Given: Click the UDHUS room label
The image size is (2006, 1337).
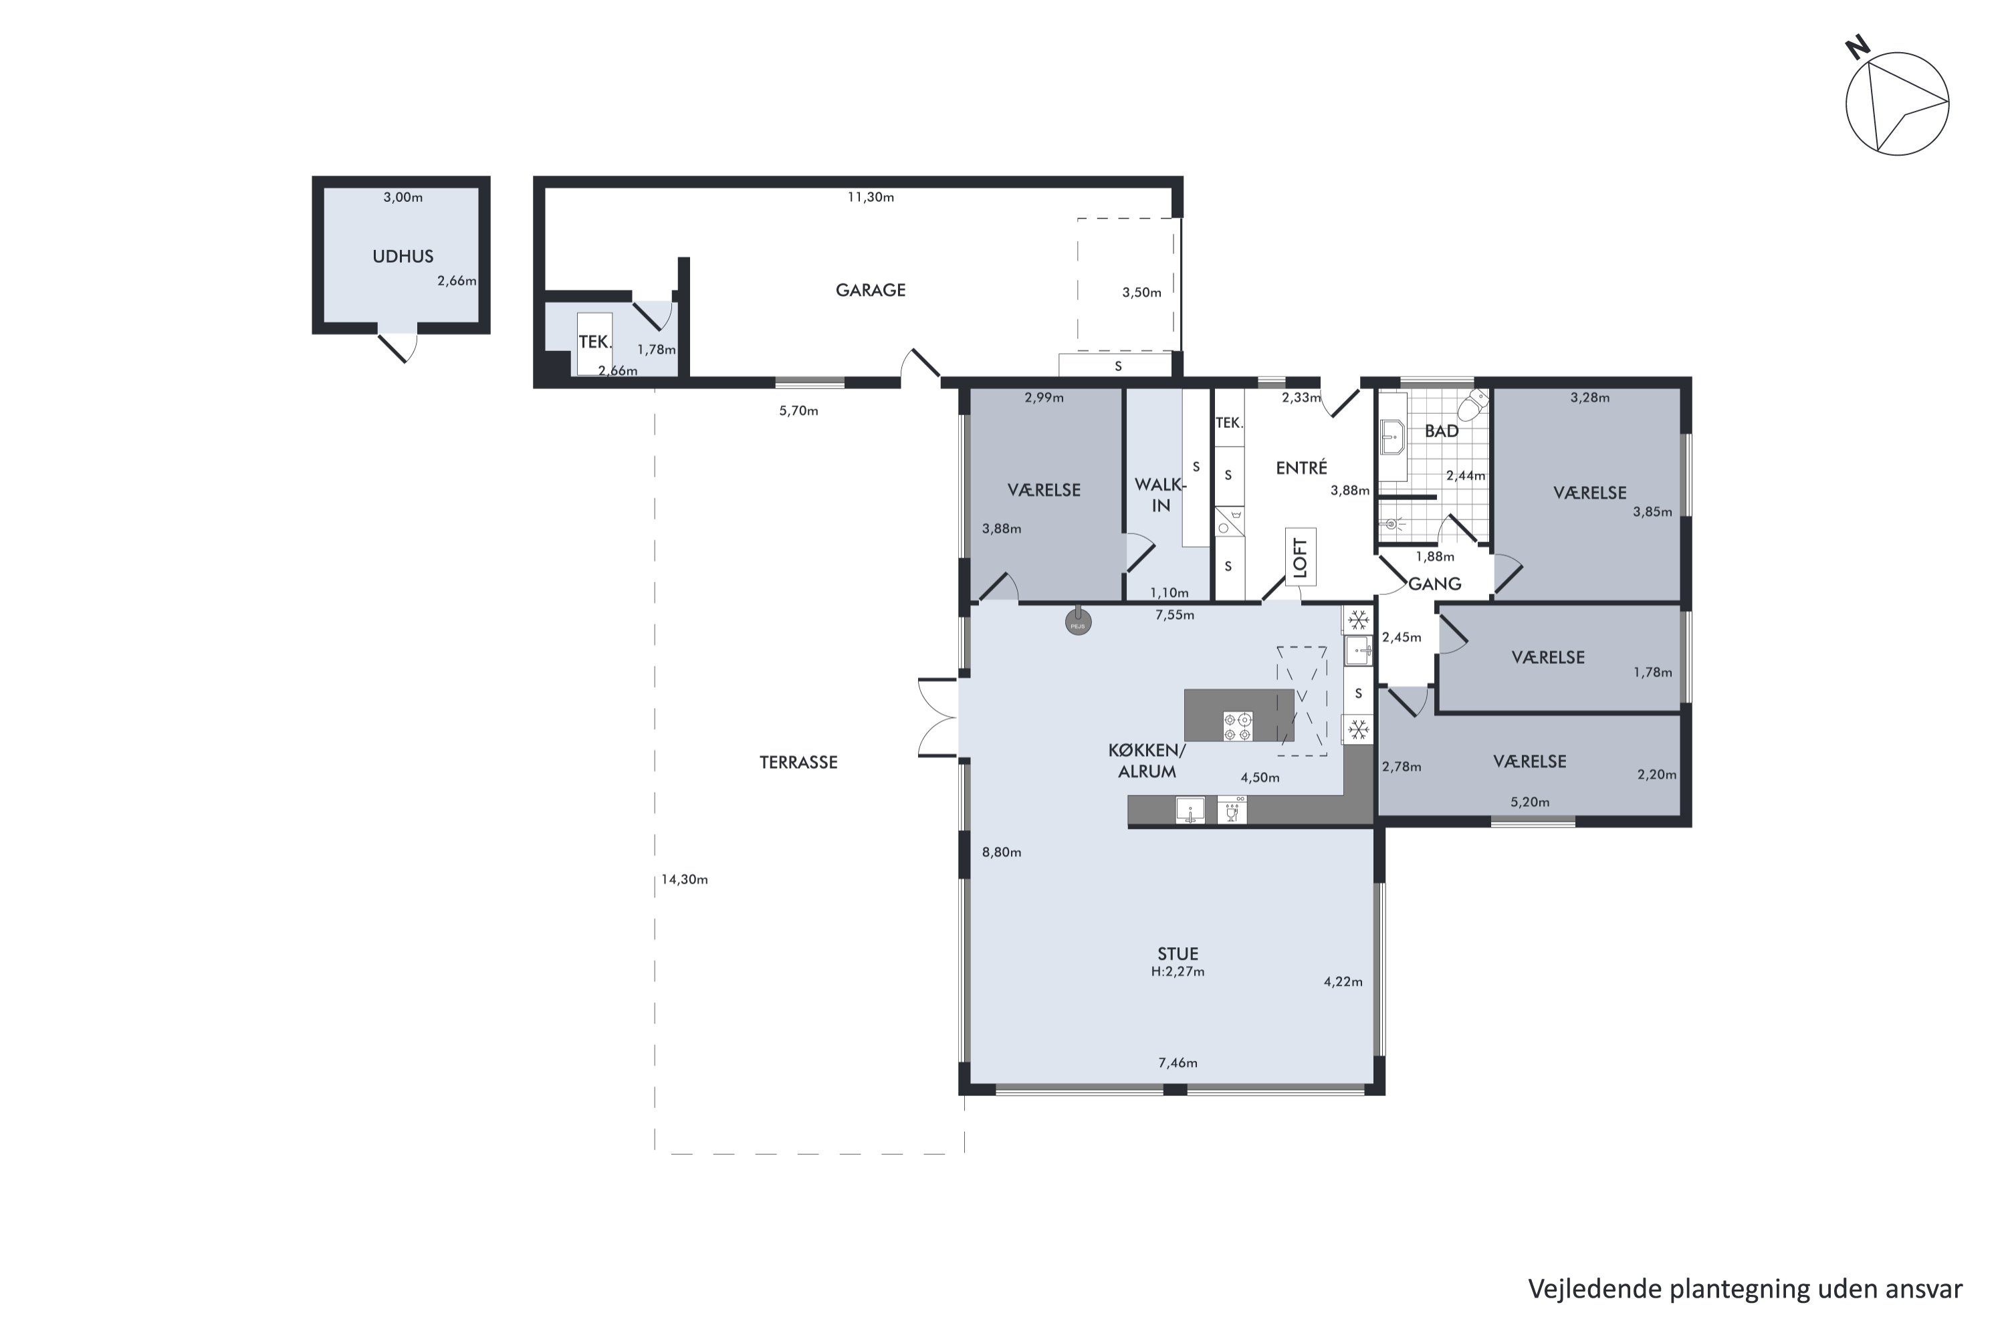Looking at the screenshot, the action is point(403,257).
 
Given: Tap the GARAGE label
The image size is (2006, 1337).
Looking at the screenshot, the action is point(870,291).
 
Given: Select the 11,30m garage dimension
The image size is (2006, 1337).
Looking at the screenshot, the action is point(870,198).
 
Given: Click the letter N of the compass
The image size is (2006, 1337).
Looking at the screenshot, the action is point(1858,47).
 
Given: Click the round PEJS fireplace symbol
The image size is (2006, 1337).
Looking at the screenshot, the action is point(1078,622).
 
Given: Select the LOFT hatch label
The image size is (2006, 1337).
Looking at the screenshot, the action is point(1300,558).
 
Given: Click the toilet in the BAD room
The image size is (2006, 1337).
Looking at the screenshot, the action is point(1473,406).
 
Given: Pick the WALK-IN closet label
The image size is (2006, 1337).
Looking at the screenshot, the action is point(1160,495).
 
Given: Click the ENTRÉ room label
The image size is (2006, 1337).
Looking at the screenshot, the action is point(1301,468).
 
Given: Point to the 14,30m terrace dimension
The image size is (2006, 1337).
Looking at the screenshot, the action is point(684,880).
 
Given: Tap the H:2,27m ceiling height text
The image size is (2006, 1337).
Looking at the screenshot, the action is point(1178,972).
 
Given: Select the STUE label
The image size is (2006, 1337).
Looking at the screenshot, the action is point(1178,954).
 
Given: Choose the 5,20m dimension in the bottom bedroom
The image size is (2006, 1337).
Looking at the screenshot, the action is point(1530,802).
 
